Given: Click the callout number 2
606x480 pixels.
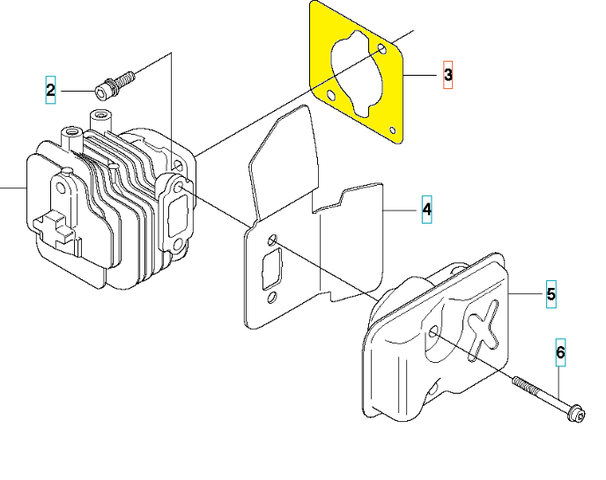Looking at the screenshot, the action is coord(50,90).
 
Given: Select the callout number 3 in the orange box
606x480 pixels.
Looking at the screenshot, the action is coord(448,75).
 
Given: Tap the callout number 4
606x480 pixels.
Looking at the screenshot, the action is coord(426,209).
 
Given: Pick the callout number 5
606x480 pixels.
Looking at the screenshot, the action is coord(551,294).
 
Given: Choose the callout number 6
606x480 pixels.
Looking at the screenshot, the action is coord(561,352).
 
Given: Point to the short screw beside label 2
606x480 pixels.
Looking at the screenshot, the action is coord(115,82).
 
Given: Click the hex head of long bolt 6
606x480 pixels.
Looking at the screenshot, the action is coord(576,414).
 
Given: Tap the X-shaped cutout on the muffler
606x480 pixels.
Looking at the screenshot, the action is coord(483,329).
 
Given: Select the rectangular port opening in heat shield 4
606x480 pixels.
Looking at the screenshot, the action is coord(271,269).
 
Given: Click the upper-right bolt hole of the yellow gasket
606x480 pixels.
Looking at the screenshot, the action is coord(382,48).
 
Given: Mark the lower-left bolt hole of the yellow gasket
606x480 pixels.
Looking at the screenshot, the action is coord(331,95).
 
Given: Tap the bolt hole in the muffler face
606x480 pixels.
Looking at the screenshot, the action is coord(433,331).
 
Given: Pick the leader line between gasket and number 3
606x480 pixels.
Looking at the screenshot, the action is coord(420,75).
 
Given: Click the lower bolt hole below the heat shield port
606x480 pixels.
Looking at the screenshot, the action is coord(272,298).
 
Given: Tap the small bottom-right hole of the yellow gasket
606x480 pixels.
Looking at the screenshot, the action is coord(393,130).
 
